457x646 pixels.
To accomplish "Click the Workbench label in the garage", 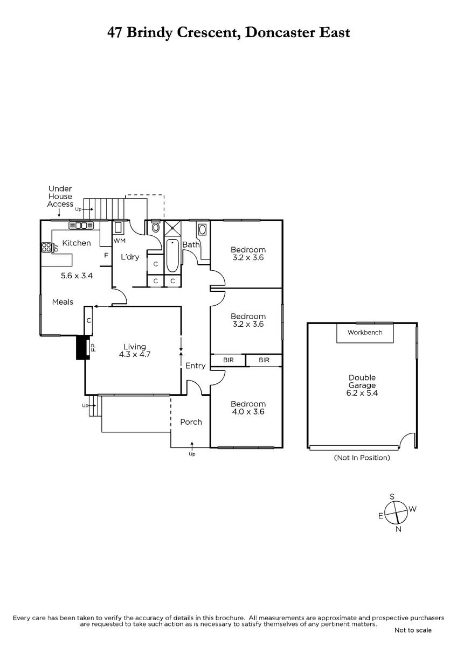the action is coord(365,332).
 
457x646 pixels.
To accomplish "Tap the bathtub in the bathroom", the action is coord(172,256).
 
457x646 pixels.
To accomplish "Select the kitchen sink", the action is coord(81,225).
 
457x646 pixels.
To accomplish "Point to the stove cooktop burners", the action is coord(46,248).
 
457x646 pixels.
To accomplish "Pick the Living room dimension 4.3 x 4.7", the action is coord(135,354).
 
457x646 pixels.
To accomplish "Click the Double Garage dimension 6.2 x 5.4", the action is coord(362,393).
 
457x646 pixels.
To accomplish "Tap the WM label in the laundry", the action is coord(119,241).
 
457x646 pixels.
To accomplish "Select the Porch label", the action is coord(191,422).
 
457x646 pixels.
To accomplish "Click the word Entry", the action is coord(195,366).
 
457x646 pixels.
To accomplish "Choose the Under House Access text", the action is coord(60,196).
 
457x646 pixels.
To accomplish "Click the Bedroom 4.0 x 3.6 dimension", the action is coord(248,411).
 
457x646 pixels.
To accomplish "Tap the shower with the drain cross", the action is coord(172,228).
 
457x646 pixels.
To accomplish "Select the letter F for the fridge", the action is coord(106,255).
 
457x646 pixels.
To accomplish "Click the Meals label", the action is coord(63,302).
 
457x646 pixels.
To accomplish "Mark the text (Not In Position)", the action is coord(362,458).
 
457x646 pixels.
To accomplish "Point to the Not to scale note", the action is coord(413,630).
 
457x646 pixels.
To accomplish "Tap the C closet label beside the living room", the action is coord(89,320).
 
